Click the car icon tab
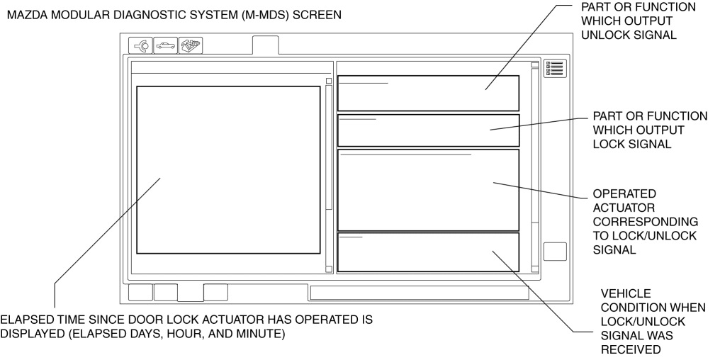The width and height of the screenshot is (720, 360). click(x=165, y=45)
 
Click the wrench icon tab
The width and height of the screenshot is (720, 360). click(x=140, y=45)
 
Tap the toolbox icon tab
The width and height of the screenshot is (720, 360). click(x=191, y=45)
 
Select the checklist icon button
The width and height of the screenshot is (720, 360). click(x=555, y=69)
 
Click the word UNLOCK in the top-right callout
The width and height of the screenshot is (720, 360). click(x=605, y=35)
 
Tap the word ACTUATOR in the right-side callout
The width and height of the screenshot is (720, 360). click(x=618, y=208)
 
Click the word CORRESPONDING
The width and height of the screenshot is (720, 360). click(x=645, y=222)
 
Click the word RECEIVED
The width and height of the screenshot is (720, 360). click(x=630, y=349)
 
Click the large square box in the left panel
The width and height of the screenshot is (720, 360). click(x=228, y=170)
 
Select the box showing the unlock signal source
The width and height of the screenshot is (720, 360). click(x=429, y=94)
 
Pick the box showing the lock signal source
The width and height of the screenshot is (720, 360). click(x=429, y=130)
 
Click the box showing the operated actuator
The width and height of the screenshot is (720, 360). click(x=429, y=190)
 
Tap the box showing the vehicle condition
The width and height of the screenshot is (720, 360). click(x=429, y=252)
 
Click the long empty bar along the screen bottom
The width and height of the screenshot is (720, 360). click(x=420, y=293)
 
